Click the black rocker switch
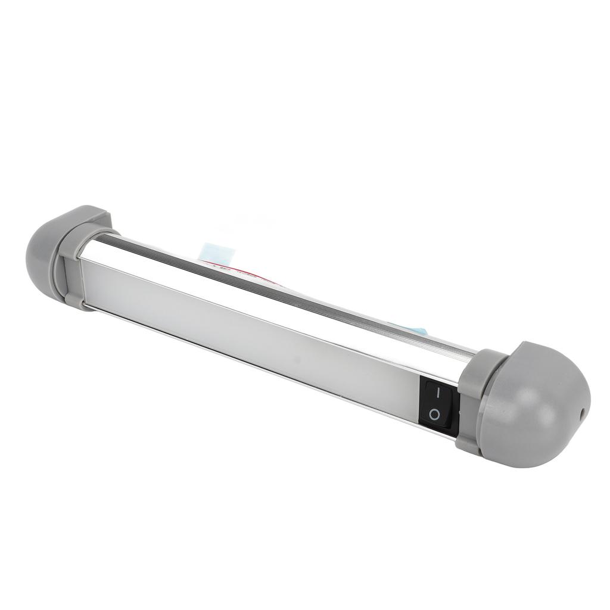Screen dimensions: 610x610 439,403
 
